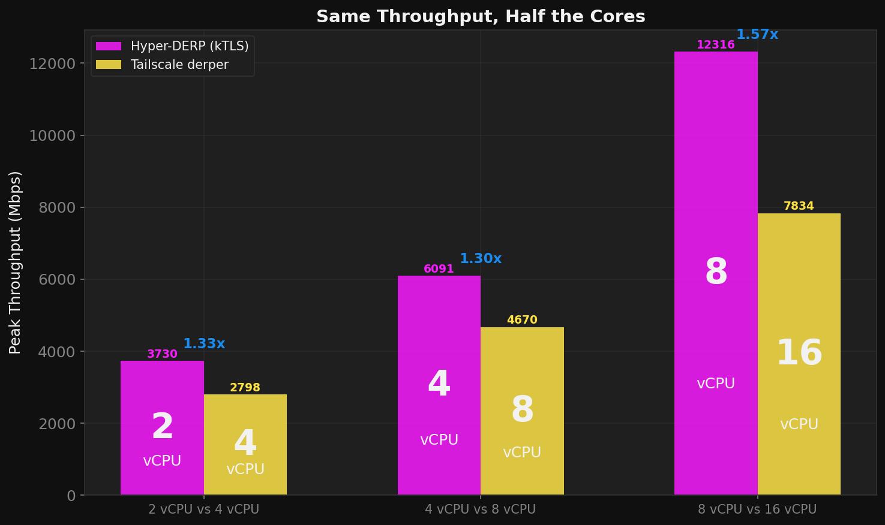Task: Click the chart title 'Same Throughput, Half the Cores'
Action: point(481,17)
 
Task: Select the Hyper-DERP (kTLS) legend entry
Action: point(172,47)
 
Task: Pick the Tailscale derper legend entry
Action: point(162,65)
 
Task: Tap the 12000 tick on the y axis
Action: point(53,64)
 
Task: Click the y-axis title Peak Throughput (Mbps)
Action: point(16,262)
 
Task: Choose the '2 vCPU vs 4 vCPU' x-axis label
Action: point(204,510)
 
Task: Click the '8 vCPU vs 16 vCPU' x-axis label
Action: point(757,510)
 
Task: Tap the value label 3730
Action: point(162,354)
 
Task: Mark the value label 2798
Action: point(245,388)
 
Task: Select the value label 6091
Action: point(439,269)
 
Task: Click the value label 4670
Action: point(522,320)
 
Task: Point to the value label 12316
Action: point(715,45)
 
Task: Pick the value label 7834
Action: point(799,206)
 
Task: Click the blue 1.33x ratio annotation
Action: point(204,344)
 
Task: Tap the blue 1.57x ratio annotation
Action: point(757,35)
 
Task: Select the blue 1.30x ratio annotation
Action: point(481,259)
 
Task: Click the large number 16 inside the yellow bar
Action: point(799,353)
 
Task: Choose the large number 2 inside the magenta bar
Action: point(162,427)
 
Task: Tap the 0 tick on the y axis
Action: point(71,496)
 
